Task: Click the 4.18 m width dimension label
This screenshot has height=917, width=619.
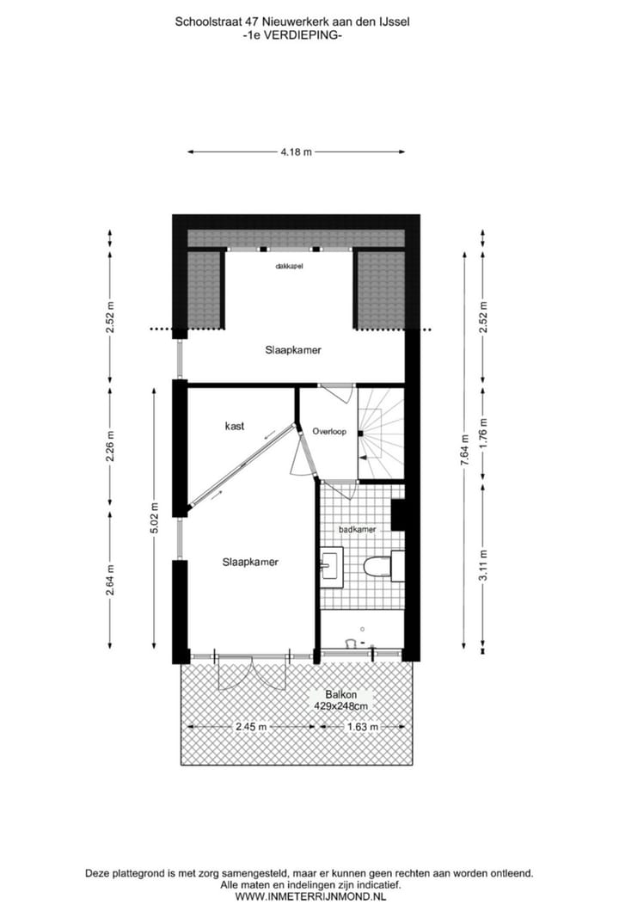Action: (x=296, y=152)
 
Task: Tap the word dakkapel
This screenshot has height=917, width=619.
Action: (x=289, y=267)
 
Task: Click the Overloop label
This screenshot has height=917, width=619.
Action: (x=329, y=432)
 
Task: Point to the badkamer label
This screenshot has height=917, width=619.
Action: (x=357, y=530)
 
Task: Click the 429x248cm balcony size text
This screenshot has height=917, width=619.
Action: (x=342, y=706)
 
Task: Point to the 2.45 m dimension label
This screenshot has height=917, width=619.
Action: (x=251, y=727)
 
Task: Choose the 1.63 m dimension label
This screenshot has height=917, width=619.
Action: (x=362, y=727)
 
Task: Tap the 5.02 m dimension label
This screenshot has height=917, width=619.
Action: (x=155, y=517)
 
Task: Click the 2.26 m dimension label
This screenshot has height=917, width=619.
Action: (x=110, y=446)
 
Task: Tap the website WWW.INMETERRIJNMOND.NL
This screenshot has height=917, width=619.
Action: (x=309, y=896)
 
